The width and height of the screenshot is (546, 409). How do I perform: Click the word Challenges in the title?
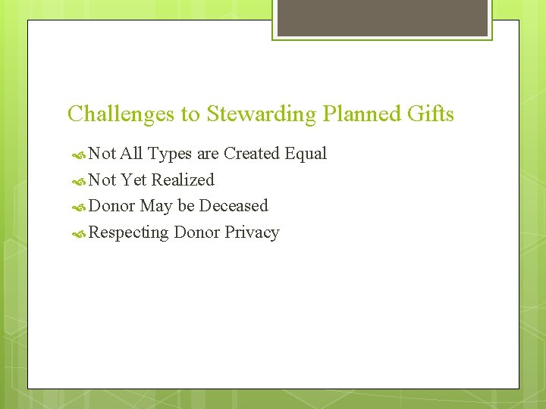coord(121,114)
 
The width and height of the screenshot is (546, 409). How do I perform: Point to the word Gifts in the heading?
coord(428,114)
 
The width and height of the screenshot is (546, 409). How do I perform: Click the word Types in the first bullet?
coord(170,154)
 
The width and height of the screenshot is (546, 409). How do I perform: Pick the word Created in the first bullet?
coord(252,154)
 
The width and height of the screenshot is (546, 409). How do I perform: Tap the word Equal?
coord(306,154)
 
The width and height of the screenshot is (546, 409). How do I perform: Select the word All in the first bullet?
coord(131,154)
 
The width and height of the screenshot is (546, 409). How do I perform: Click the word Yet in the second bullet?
coord(134,180)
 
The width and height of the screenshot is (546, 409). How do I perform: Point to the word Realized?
coord(183,180)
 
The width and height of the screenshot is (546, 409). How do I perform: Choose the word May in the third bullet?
coord(156,206)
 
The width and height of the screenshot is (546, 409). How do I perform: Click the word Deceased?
coord(234,206)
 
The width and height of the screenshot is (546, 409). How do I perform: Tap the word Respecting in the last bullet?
coord(128,233)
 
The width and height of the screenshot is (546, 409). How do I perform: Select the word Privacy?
coord(252,233)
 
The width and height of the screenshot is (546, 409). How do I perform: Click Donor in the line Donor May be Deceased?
coord(112,206)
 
